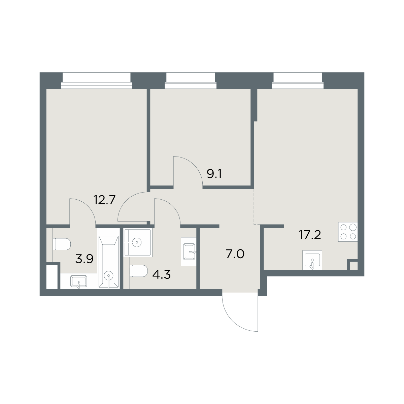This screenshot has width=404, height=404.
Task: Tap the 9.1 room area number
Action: [x=214, y=174]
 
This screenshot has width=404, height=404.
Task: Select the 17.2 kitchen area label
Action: [x=310, y=235]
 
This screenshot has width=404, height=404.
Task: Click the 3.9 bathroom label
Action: [x=84, y=260]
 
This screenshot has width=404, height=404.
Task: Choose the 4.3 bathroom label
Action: [x=162, y=274]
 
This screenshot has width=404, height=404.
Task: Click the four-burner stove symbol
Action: [x=348, y=232]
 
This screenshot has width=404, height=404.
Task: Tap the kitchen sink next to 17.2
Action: [x=312, y=260]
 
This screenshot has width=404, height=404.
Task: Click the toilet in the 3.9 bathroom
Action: [x=62, y=244]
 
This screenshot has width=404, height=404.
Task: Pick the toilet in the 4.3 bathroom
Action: [x=139, y=271]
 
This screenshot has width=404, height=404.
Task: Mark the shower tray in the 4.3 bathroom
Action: [x=138, y=242]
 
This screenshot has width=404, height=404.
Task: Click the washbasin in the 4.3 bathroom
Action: [x=189, y=251]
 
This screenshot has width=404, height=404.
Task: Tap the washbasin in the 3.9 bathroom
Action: [x=79, y=281]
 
